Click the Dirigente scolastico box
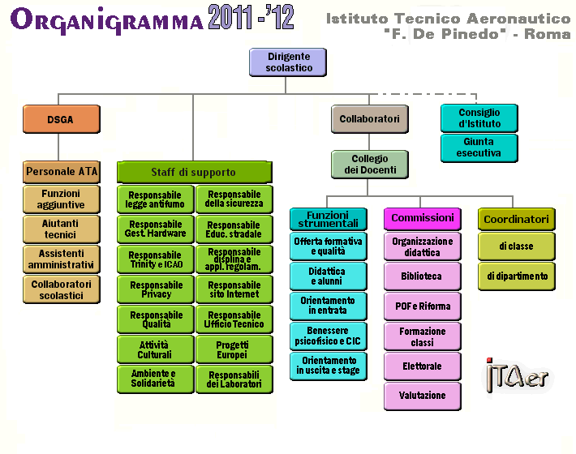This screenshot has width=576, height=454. click(288, 62)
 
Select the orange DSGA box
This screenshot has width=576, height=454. click(62, 119)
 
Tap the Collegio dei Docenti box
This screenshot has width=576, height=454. click(370, 165)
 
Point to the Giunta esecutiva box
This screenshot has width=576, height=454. click(479, 148)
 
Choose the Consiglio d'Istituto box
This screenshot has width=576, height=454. click(479, 118)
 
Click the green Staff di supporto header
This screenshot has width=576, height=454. click(195, 172)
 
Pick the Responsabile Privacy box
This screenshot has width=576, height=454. click(156, 289)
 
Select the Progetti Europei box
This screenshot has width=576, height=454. click(234, 349)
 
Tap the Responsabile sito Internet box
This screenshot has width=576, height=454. click(234, 289)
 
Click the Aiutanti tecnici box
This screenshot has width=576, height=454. click(62, 229)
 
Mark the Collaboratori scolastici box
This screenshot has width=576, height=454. click(62, 289)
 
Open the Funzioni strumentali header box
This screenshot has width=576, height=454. click(329, 219)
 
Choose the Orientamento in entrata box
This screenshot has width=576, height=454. click(329, 306)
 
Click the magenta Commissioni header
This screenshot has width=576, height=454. click(423, 219)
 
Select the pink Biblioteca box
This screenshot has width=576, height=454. click(423, 276)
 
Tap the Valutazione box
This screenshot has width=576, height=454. click(423, 396)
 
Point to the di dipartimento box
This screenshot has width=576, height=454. click(517, 276)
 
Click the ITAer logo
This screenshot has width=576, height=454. click(517, 375)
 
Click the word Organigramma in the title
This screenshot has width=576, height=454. click(106, 19)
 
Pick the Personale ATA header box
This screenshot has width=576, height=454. click(62, 172)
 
